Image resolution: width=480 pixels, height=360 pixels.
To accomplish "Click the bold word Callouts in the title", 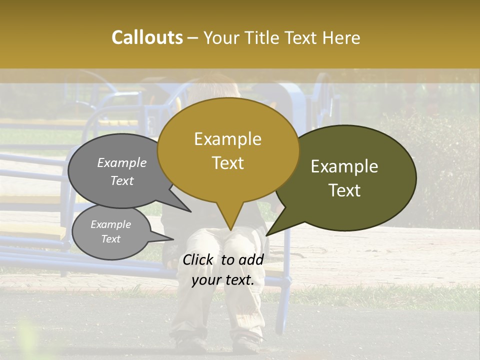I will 147,37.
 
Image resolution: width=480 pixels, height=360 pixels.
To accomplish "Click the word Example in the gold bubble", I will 228,139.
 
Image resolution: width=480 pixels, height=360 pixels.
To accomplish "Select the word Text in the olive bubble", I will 344,190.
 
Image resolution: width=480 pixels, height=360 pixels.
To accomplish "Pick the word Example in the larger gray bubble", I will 122,162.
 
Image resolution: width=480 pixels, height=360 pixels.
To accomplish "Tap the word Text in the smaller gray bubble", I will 111,239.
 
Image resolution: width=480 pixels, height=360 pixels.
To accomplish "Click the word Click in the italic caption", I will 198,259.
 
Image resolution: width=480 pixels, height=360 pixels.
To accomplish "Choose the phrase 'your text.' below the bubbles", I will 223,280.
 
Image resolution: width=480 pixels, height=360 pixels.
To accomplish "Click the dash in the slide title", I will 193,37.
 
